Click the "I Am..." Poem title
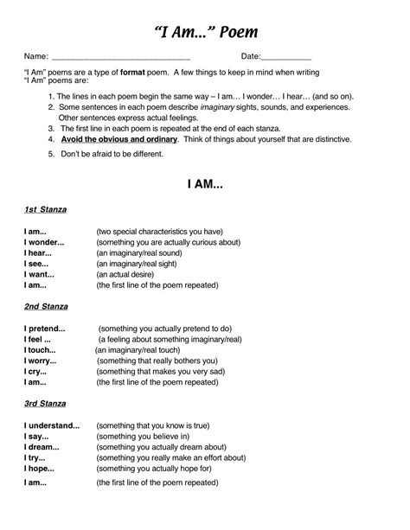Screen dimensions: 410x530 205,33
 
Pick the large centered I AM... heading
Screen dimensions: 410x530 205,183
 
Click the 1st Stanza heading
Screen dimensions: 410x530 45,209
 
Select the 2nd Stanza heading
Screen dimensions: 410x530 46,306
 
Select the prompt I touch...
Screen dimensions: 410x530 39,349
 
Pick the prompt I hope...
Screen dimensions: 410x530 39,467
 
